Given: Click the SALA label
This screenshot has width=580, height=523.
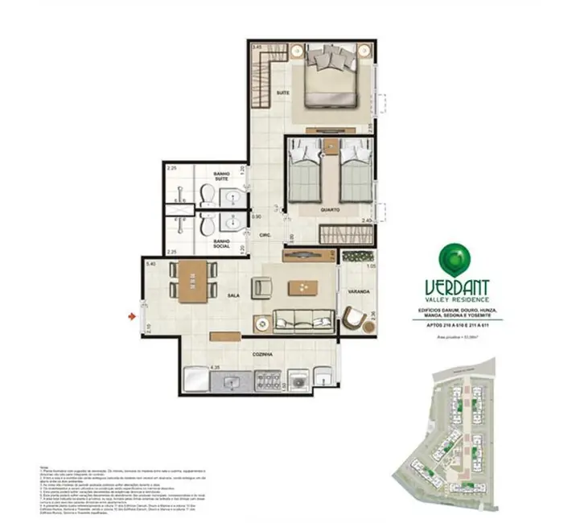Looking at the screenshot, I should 234,296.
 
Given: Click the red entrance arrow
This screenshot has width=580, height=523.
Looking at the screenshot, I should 131,316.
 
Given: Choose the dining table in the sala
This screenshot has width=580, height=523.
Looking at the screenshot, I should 192,283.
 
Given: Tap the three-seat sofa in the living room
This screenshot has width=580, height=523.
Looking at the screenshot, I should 305,318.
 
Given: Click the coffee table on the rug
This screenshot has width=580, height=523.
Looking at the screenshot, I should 302,286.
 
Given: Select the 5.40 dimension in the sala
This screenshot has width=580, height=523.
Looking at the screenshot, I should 150,263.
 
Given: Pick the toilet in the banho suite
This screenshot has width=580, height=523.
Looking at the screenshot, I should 207,194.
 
